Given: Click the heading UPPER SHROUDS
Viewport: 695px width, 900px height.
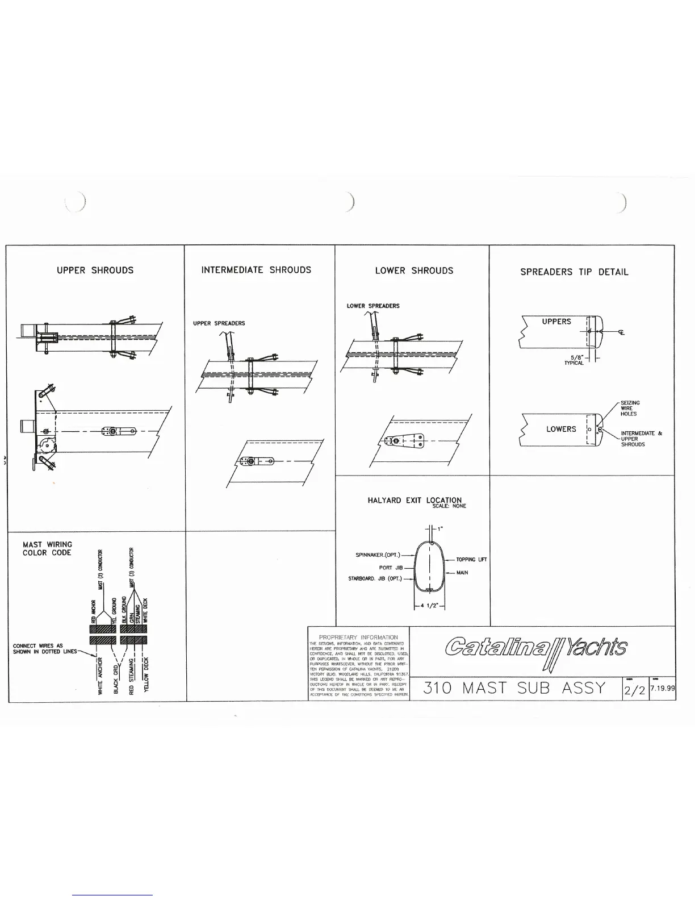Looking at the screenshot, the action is point(95,270).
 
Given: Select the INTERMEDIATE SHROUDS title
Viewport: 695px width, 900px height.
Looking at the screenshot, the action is point(256,270).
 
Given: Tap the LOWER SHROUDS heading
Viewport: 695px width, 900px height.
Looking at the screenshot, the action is point(414,270).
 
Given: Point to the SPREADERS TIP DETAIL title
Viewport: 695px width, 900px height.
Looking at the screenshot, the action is point(574,272).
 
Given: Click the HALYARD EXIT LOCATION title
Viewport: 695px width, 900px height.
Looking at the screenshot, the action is point(415,501).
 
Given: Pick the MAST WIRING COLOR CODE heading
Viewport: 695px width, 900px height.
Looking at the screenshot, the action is point(47,549).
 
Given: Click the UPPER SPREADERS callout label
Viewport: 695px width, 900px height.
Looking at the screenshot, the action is point(219,323).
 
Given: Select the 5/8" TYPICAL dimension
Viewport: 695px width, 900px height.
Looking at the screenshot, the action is point(574,360).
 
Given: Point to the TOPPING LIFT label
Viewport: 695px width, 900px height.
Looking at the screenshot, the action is point(471,560).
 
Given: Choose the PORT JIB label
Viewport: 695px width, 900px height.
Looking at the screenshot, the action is point(391,568).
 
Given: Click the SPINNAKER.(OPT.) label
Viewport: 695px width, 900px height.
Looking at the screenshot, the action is point(378,555).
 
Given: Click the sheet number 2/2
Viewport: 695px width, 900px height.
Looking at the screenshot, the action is point(634,690).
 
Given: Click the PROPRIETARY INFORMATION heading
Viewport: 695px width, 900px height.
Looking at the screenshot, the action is point(358,637).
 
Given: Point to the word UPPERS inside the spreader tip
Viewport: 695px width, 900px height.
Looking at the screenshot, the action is point(556,322).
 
